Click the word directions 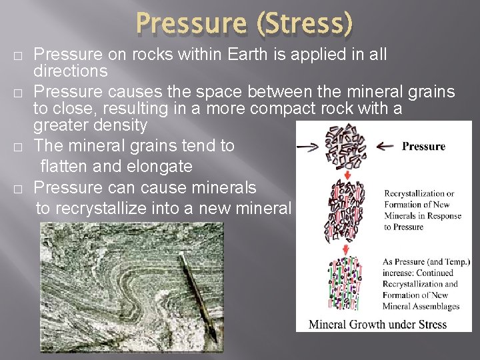pos(71,70)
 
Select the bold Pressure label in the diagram pos(424,145)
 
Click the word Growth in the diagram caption pos(369,325)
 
